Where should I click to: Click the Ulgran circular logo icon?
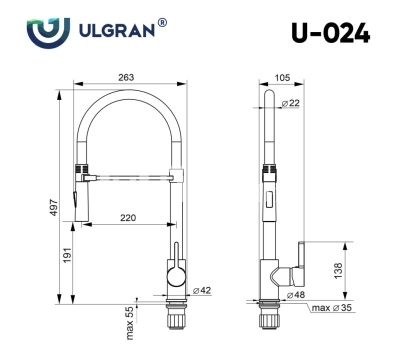coord(48,32)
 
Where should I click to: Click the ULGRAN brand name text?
coord(117,30)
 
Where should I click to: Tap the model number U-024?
coord(330,33)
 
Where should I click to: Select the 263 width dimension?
coord(126,77)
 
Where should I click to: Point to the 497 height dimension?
coord(54,207)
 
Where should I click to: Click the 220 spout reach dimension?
coord(128,218)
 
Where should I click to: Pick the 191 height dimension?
coord(68,255)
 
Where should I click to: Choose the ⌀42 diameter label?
coord(202,290)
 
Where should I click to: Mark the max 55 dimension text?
coord(130,323)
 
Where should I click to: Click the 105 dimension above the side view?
coord(282,78)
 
